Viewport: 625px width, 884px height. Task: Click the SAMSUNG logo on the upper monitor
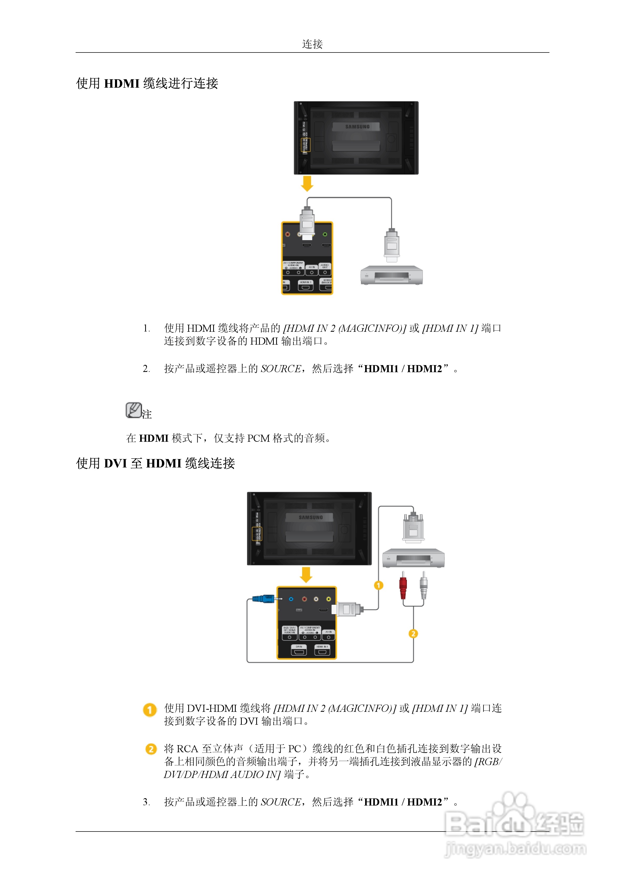click(357, 127)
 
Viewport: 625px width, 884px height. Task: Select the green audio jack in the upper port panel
click(325, 234)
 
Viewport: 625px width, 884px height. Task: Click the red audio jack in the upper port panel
click(287, 234)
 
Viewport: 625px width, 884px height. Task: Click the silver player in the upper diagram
click(391, 275)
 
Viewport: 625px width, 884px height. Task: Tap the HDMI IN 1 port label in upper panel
click(305, 282)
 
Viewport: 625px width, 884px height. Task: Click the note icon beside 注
click(134, 410)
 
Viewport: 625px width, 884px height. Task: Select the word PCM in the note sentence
click(258, 438)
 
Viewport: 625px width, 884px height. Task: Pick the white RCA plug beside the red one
click(424, 586)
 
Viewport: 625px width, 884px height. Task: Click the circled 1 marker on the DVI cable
click(379, 585)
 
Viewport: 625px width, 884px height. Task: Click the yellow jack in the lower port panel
click(328, 599)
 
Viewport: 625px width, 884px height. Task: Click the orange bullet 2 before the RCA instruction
click(151, 749)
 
